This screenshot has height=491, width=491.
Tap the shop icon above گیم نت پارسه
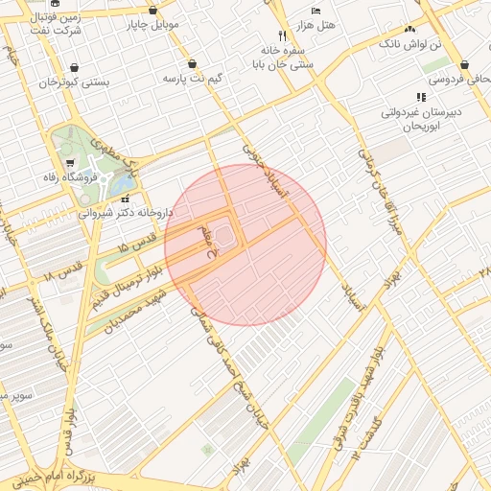(x=195, y=63)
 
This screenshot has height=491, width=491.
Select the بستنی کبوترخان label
(x=75, y=83)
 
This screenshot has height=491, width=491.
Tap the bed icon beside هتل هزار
(x=316, y=11)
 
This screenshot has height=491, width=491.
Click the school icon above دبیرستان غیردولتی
(x=420, y=97)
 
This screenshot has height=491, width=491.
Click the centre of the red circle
(x=245, y=245)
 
